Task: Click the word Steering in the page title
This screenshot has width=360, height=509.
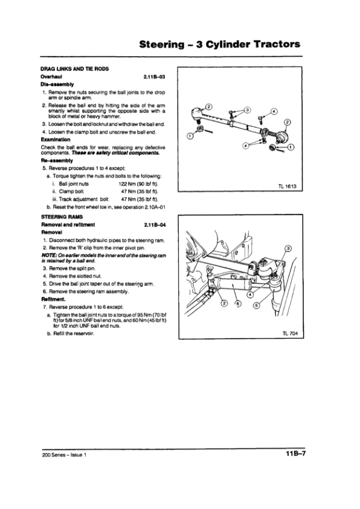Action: point(161,44)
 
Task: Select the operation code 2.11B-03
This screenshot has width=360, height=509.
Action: point(155,77)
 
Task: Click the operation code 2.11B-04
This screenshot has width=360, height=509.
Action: point(155,225)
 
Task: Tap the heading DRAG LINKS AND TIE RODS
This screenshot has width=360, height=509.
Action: point(74,69)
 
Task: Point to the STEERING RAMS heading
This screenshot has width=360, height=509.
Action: point(62,217)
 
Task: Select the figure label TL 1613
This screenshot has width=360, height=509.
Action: point(287,186)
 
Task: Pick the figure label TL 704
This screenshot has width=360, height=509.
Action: point(290,333)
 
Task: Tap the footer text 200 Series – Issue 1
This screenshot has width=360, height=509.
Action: point(64,455)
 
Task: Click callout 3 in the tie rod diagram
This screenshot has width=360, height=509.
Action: point(248,110)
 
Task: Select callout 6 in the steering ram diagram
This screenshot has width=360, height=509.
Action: point(239,304)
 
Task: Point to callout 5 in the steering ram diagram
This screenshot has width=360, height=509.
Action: point(256,305)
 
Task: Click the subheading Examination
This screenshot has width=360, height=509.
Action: point(56,140)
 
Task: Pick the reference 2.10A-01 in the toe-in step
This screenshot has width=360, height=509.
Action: point(155,207)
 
